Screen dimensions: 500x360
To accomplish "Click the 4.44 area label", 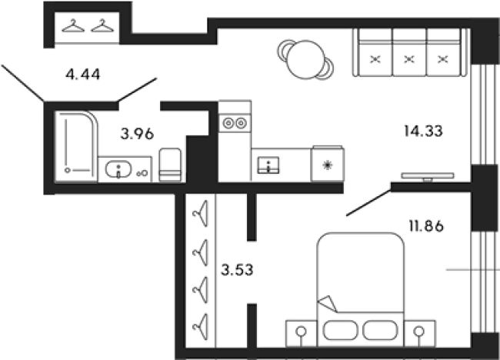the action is point(82,75).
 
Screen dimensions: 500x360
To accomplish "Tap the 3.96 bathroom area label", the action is point(137,134).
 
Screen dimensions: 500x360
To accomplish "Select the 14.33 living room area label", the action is point(423,131).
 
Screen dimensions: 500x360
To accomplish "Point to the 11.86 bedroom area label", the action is point(426,226).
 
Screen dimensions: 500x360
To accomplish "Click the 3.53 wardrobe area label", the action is point(237,270).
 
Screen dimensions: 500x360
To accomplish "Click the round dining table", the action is point(305,60).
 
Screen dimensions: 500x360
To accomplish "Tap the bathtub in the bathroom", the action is point(76,146).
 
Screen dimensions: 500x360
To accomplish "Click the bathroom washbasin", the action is point(118,169).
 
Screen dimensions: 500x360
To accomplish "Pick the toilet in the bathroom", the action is point(170,165).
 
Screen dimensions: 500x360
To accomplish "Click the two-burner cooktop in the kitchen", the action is point(235,123).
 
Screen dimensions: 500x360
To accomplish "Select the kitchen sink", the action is point(268,165).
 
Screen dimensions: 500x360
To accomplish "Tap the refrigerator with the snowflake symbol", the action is point(328,164).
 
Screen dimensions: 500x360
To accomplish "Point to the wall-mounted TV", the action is point(427,176).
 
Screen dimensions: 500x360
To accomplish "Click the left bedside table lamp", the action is point(301,334).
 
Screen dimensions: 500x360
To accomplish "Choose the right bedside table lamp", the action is point(419,334).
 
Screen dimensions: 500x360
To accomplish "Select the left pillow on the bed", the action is point(340,330).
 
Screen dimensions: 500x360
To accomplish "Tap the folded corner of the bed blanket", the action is point(328,304).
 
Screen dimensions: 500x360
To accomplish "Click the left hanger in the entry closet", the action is point(73,26).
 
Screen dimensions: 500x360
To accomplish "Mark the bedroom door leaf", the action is point(368,203).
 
